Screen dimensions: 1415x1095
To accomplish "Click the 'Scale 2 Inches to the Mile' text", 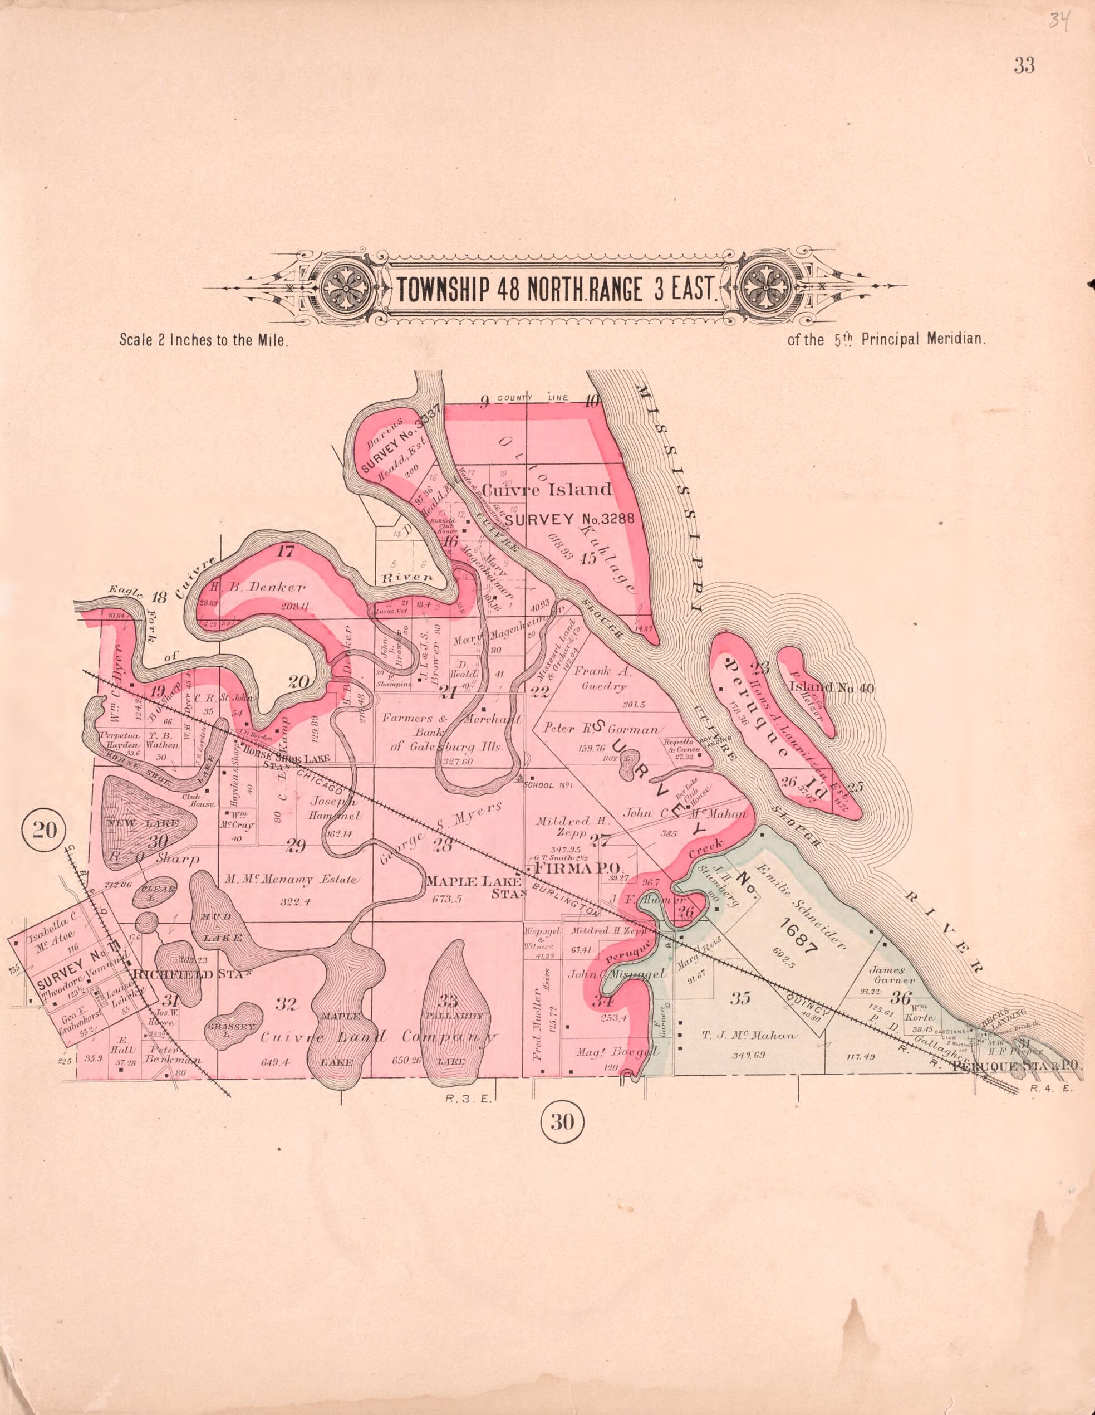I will point(203,340).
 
